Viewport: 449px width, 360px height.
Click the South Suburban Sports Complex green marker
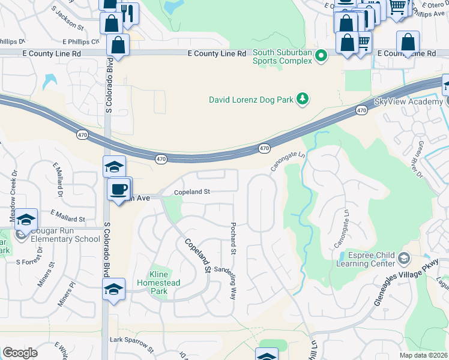pyautogui.click(x=321, y=58)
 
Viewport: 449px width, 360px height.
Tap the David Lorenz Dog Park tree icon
pyautogui.click(x=303, y=99)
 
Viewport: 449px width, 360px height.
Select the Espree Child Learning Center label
pyautogui.click(x=365, y=259)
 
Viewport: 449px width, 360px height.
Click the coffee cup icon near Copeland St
pyautogui.click(x=118, y=189)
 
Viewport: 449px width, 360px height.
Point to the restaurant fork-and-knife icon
pyautogui.click(x=128, y=13)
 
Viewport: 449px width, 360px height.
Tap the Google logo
pyautogui.click(x=20, y=352)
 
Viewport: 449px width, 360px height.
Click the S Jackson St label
pyautogui.click(x=67, y=19)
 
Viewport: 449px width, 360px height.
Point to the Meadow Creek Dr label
pyautogui.click(x=13, y=186)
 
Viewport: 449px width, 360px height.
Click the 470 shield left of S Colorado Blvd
pyautogui.click(x=83, y=135)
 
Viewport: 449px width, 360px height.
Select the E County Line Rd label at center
pyautogui.click(x=217, y=53)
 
